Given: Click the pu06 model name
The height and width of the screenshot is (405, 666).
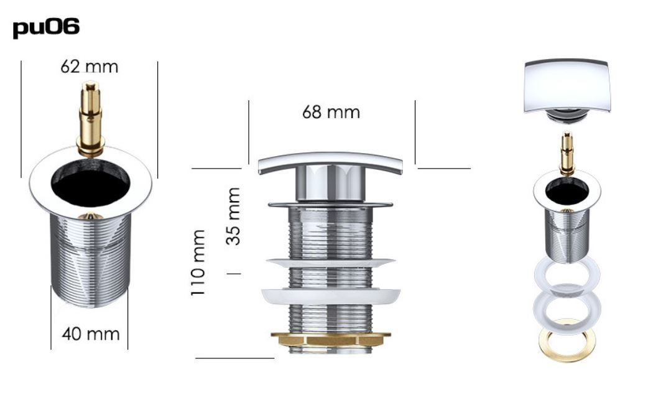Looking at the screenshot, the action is [46, 28].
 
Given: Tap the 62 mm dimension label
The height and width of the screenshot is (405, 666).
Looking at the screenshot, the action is [89, 67].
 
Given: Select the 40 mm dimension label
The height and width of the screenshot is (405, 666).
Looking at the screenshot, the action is [90, 333].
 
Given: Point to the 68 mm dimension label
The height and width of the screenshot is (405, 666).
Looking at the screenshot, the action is [331, 112].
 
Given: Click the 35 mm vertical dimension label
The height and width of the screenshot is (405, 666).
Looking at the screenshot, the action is [233, 216].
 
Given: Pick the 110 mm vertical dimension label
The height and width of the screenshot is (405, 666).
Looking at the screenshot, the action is [198, 263].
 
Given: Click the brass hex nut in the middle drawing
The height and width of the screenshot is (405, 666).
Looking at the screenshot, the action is [330, 339].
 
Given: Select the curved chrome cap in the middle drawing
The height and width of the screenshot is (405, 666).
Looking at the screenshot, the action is [330, 162].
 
